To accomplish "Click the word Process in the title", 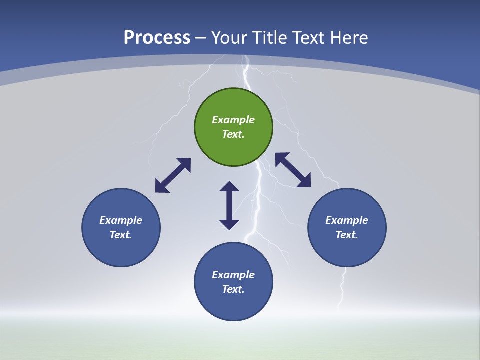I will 157,38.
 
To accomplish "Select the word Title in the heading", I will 272,38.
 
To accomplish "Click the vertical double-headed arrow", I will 229,205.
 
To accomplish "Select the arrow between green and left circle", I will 173,175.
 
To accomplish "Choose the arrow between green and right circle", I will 293,170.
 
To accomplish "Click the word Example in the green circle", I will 233,120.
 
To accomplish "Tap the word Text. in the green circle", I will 233,134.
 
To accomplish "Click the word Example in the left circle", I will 121,220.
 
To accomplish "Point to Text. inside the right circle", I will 347,235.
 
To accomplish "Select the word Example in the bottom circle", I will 233,275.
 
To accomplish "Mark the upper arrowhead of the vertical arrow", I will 229,187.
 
